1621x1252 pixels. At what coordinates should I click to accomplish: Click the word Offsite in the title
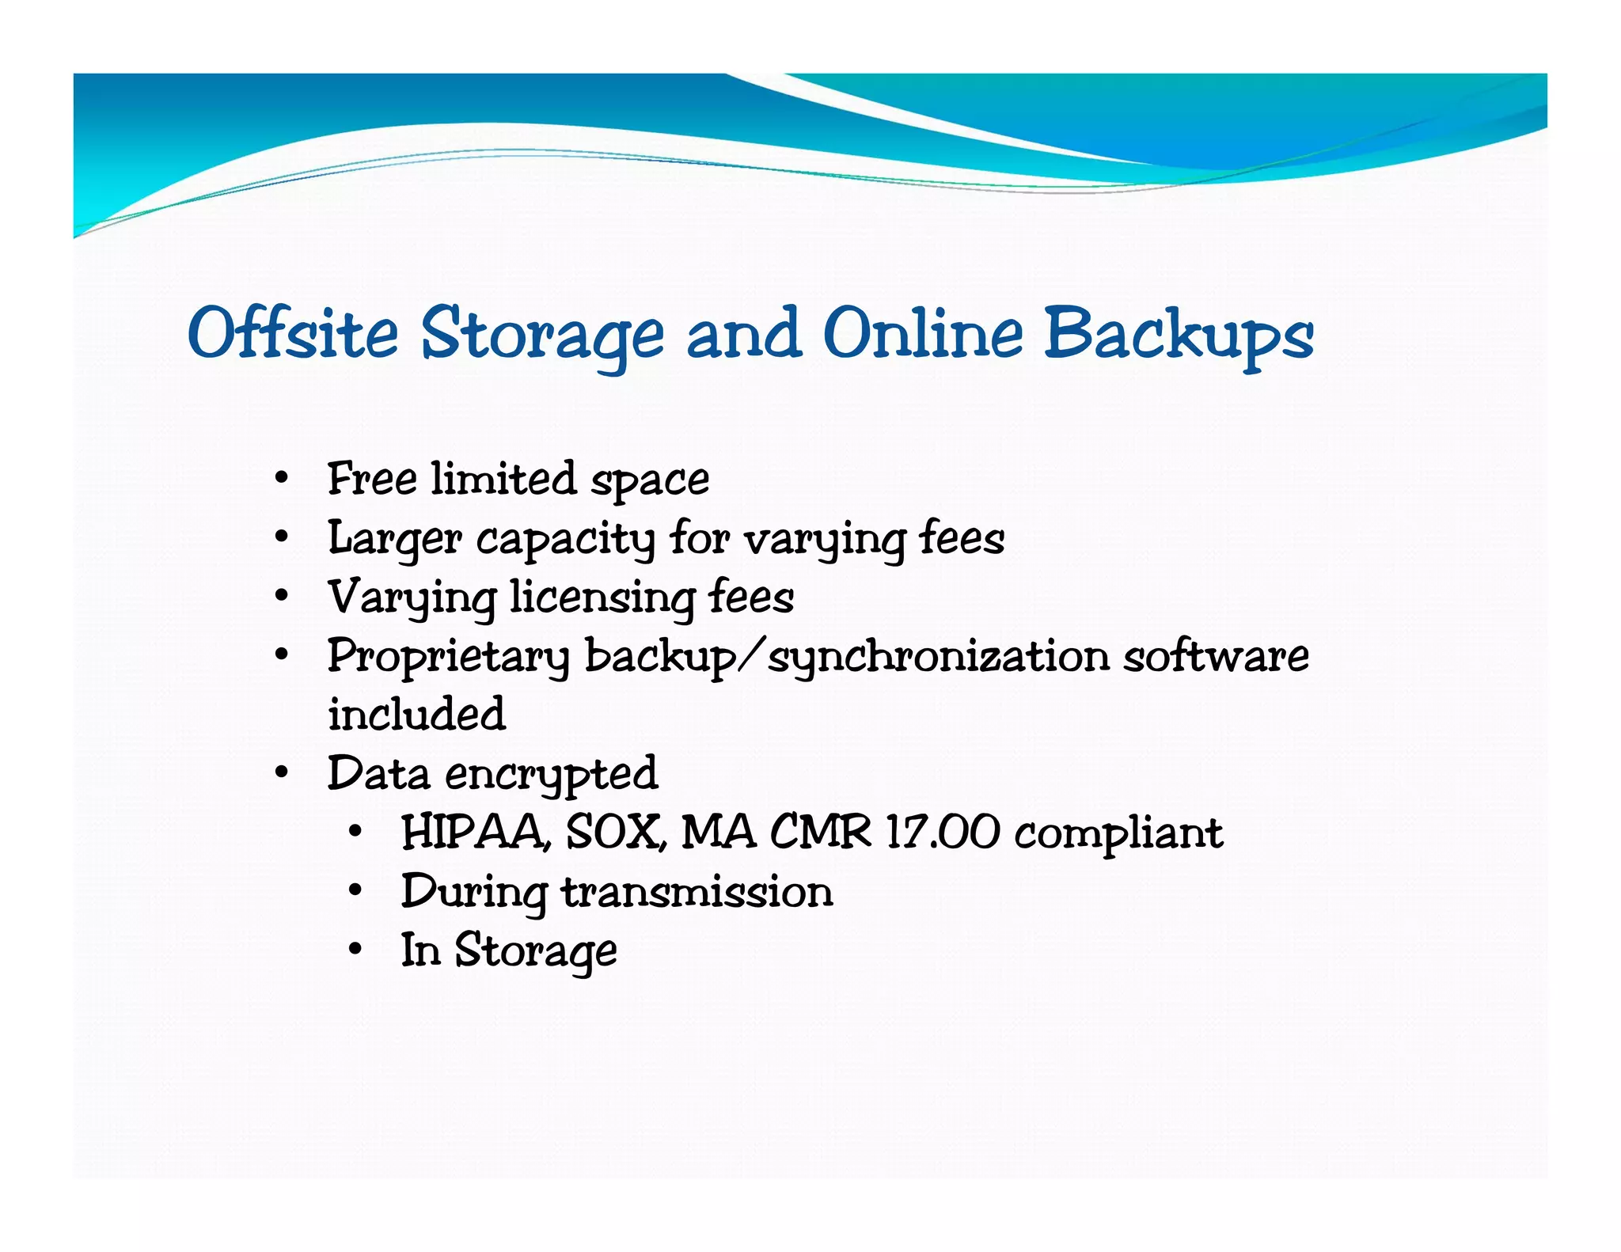point(293,333)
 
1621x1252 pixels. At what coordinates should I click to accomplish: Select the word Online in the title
point(923,333)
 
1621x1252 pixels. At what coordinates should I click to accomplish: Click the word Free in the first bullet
point(372,479)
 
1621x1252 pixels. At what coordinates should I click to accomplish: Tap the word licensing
point(602,598)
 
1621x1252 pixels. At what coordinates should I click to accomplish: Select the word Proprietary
point(448,658)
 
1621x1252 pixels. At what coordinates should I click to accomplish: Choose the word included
point(416,714)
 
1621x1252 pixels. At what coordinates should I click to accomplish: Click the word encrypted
point(551,775)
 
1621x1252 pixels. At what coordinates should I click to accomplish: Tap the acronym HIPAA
point(473,833)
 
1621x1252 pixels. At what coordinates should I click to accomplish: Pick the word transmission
point(697,892)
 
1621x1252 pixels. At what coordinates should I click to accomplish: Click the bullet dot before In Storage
point(355,948)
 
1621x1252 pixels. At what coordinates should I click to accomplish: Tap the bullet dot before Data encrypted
point(282,772)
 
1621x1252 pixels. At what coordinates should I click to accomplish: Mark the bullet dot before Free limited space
point(282,478)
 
